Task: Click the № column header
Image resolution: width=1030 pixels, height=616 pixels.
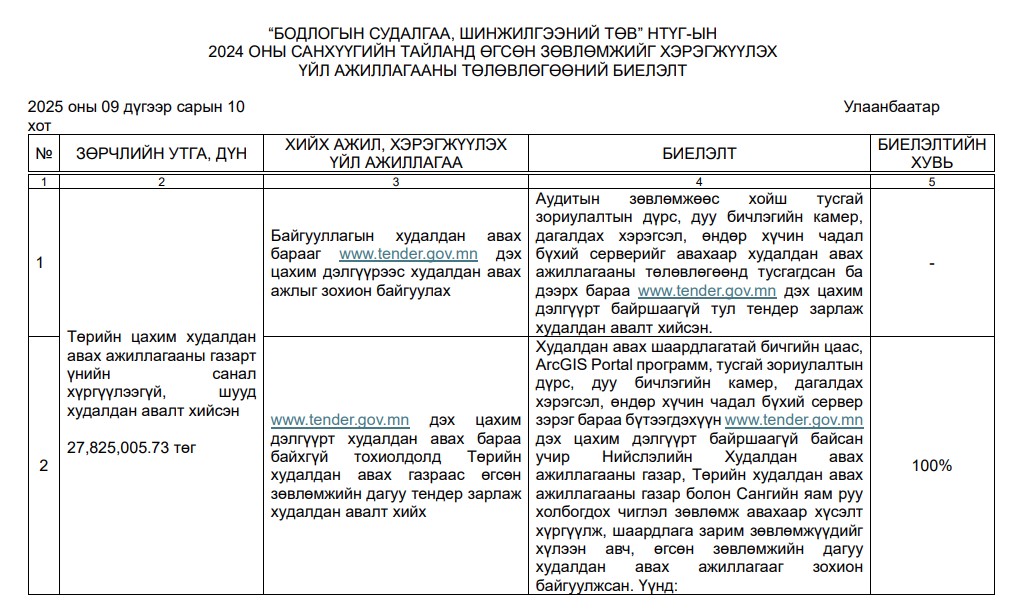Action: click(43, 154)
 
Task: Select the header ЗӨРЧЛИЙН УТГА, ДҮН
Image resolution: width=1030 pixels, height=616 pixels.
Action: click(161, 154)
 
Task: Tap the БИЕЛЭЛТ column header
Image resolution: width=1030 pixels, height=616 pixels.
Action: click(698, 154)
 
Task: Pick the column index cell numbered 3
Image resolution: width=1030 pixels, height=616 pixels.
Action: click(395, 182)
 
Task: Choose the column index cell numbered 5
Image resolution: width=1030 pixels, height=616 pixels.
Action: click(931, 182)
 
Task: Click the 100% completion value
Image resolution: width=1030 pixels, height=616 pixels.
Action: click(931, 466)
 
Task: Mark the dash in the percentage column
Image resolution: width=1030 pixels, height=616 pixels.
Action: click(931, 263)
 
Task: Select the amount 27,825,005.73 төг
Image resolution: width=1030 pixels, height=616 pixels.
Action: click(131, 447)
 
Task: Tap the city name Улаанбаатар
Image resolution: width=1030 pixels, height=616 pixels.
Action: click(891, 107)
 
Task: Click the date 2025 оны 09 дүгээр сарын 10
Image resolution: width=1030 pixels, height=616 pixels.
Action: click(136, 107)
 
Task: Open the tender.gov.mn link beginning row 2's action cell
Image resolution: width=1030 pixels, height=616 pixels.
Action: click(325, 420)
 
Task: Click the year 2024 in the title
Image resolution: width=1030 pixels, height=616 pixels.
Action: click(231, 51)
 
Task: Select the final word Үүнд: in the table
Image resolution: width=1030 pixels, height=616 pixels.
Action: click(651, 586)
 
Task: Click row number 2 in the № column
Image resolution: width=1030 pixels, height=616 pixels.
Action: click(43, 466)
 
